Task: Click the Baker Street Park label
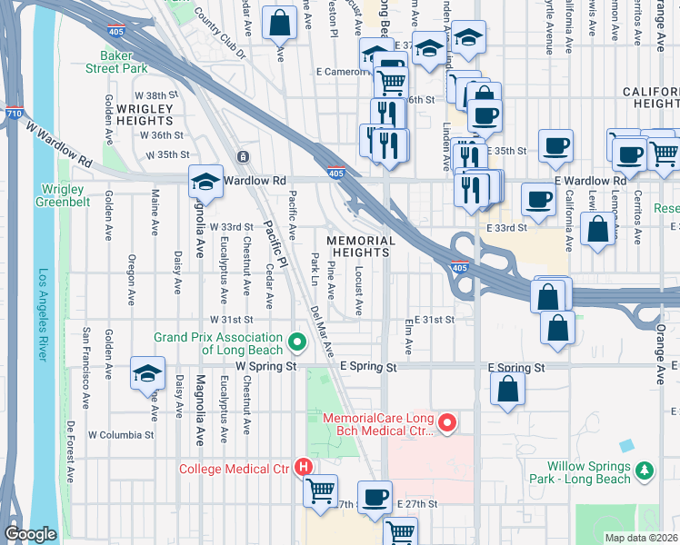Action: (116, 62)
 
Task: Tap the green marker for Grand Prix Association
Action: (296, 342)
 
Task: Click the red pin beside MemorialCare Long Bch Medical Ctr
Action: (446, 422)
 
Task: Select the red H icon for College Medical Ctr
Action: (305, 468)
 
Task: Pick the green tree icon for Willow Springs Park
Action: (645, 471)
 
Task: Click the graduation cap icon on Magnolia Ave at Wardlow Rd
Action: (206, 182)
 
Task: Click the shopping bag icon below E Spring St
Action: (508, 389)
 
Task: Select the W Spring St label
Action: (266, 365)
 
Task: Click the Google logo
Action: (30, 534)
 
